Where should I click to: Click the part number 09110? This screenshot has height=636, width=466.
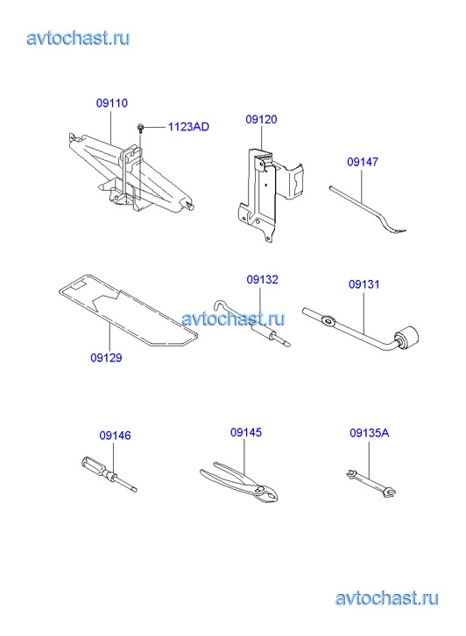tap(112, 103)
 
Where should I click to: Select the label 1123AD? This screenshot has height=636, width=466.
tap(188, 127)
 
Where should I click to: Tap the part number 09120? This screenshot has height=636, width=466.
tap(261, 119)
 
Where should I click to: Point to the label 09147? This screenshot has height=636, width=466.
tap(363, 162)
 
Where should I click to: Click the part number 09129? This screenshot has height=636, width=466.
tap(106, 358)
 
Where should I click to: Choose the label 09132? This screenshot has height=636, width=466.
tap(263, 279)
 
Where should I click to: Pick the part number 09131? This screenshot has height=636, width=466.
tap(364, 284)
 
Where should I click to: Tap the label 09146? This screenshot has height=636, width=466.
tap(116, 436)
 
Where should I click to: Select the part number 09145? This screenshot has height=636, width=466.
tap(246, 432)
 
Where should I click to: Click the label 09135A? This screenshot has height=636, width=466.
tap(370, 433)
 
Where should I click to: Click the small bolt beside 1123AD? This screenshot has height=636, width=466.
tap(140, 128)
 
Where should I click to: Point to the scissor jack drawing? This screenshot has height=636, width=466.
tap(130, 174)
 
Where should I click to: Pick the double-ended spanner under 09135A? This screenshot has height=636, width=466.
tap(371, 484)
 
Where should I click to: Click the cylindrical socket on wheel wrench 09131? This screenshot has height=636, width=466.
tap(406, 338)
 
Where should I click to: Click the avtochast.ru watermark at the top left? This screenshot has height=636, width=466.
tap(79, 38)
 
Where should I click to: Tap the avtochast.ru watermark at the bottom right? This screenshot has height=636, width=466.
tap(387, 598)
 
